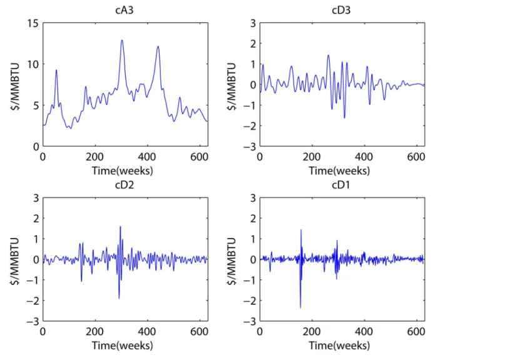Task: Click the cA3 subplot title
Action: (x=124, y=11)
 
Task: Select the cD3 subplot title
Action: (x=341, y=11)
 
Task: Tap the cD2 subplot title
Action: (x=124, y=185)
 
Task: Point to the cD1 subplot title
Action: (x=341, y=185)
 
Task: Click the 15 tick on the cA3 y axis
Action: (x=33, y=23)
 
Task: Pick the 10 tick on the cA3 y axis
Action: (x=33, y=64)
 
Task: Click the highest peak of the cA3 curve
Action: (x=122, y=40)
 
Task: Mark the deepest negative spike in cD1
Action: (x=300, y=307)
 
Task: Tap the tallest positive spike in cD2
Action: (x=120, y=227)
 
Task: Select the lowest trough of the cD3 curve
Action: (x=344, y=118)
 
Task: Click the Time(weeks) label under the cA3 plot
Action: (x=122, y=171)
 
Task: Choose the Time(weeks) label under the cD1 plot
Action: (x=339, y=346)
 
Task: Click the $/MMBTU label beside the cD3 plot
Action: (x=232, y=86)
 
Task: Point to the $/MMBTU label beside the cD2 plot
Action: (x=15, y=261)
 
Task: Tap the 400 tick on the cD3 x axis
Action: (x=364, y=157)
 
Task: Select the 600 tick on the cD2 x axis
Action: (x=199, y=332)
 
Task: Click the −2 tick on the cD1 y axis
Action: (x=249, y=301)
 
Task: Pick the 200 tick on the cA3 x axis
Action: (x=94, y=157)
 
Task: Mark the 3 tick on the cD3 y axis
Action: (x=253, y=23)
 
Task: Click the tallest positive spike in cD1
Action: (x=301, y=230)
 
